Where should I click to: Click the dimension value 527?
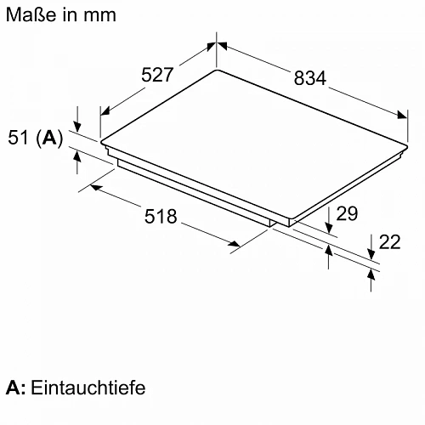157,75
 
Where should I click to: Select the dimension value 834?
310,78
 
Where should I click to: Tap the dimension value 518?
161,217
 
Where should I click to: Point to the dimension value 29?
347,213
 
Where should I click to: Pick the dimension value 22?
390,242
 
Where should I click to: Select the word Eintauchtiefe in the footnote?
88,388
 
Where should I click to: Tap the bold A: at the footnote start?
15,388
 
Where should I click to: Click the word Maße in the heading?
31,14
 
